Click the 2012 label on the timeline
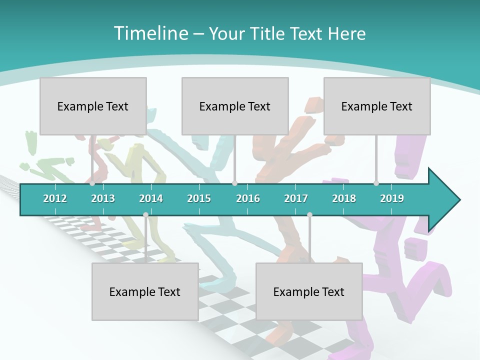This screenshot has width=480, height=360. (55, 198)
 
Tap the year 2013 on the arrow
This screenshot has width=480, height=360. (103, 198)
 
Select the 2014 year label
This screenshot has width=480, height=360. (151, 198)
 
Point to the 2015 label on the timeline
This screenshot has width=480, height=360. (199, 198)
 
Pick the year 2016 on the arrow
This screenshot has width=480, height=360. (248, 198)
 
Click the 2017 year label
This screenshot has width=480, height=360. (296, 198)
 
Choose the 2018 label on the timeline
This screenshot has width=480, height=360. (344, 198)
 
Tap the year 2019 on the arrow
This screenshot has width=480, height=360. (392, 198)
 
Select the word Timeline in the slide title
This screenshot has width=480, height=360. (150, 33)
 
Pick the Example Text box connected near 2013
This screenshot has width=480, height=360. (93, 106)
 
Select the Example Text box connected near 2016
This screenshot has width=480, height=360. (235, 106)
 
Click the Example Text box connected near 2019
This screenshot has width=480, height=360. (377, 106)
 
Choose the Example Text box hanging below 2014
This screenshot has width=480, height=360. (145, 291)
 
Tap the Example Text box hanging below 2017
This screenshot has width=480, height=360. (309, 291)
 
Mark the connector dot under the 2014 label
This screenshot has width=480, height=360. (145, 215)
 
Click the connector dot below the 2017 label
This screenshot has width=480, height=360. (309, 215)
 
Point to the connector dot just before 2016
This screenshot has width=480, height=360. (234, 183)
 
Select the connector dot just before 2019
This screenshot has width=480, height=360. (376, 183)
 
